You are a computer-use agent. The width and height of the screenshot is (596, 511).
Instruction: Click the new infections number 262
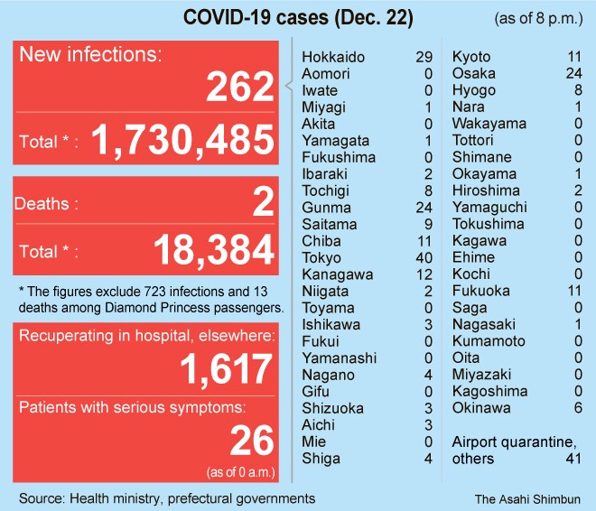pyautogui.click(x=239, y=88)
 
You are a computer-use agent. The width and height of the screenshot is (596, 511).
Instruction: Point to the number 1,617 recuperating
pyautogui.click(x=225, y=369)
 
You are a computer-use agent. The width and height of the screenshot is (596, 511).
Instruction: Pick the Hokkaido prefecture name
pyautogui.click(x=333, y=57)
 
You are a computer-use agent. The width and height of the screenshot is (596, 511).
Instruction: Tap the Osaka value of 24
pyautogui.click(x=572, y=74)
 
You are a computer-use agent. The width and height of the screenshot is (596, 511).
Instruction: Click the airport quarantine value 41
pyautogui.click(x=572, y=459)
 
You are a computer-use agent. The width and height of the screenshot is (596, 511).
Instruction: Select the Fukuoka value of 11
pyautogui.click(x=572, y=291)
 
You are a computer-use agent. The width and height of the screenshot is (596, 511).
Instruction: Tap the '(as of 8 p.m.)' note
pyautogui.click(x=539, y=19)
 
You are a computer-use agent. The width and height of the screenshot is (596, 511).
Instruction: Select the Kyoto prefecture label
pyautogui.click(x=470, y=57)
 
